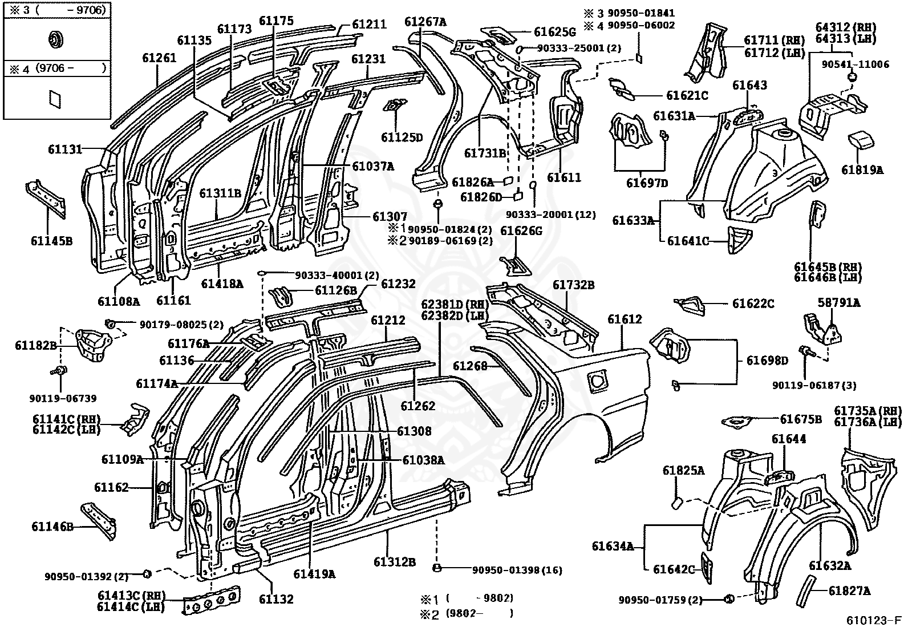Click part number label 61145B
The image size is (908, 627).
pos(51,241)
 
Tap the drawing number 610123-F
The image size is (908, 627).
pos(874,620)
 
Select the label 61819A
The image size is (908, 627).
pos(862,171)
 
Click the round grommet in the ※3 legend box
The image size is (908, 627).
pos(55,40)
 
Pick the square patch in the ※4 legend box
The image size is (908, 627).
pos(55,99)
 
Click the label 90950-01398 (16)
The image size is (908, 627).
pos(517,570)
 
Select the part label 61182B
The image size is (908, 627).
pos(36,345)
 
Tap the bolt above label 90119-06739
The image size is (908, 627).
pos(60,371)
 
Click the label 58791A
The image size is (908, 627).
pos(838,302)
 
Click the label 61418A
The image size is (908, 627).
pos(222,284)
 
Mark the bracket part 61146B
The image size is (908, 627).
pos(98,521)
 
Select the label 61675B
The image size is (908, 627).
pos(801,419)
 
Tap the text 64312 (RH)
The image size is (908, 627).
pos(846,27)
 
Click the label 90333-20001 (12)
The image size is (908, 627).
pos(551,215)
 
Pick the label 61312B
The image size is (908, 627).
pos(395,562)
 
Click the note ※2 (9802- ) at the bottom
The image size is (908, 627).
pos(467,614)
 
